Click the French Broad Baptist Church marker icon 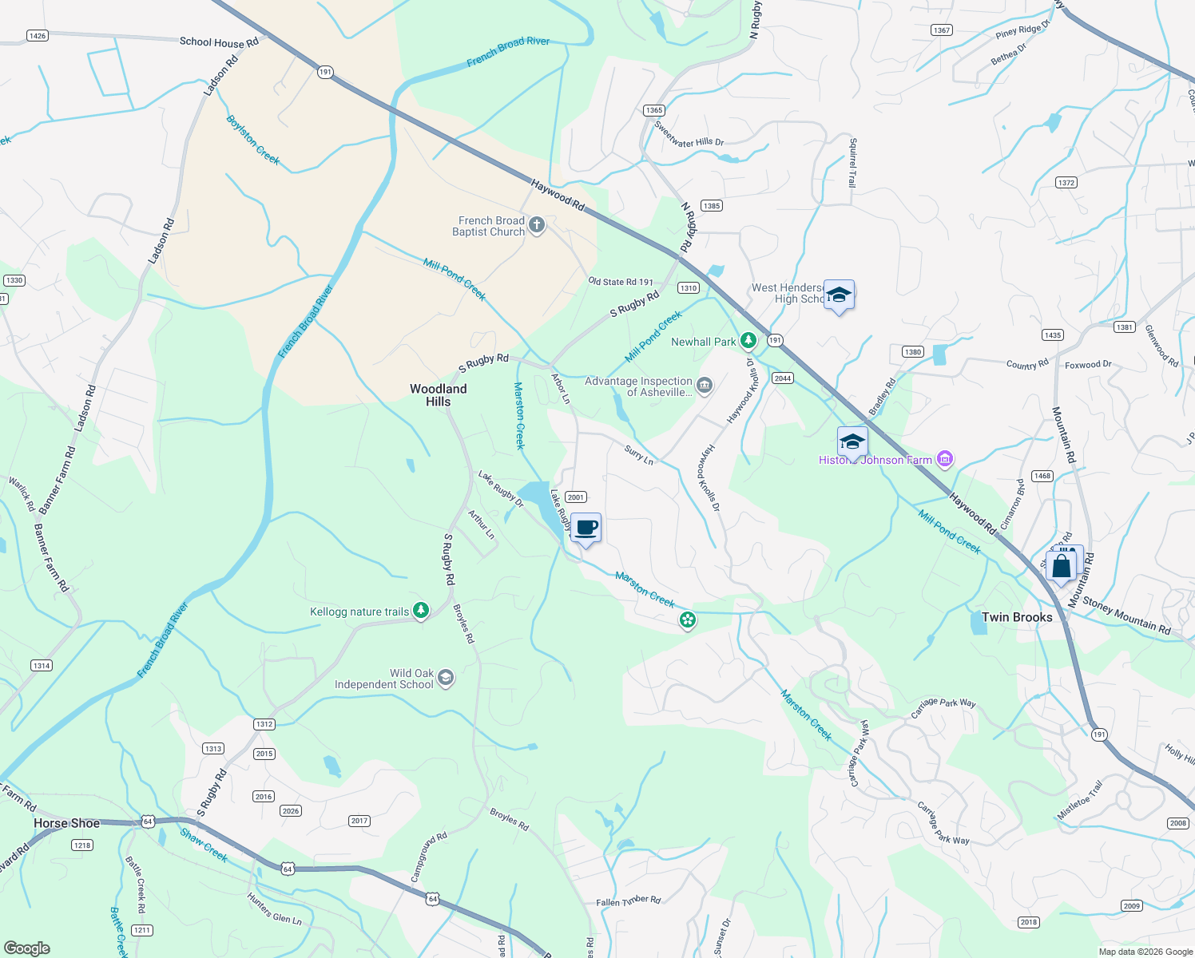click(537, 226)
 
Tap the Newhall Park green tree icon click(748, 342)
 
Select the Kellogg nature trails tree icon click(421, 612)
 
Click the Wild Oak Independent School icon click(446, 679)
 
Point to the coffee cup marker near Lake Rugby click(586, 528)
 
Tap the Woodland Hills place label click(438, 395)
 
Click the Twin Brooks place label click(1016, 617)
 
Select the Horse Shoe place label click(67, 823)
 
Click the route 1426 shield click(37, 35)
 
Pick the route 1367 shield click(942, 30)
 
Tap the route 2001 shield click(576, 497)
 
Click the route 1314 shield click(42, 665)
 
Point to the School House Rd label click(219, 42)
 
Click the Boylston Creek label click(253, 141)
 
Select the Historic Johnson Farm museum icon click(945, 459)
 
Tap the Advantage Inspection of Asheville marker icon click(704, 386)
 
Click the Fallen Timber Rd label click(628, 901)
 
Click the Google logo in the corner click(26, 948)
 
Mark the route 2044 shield click(782, 378)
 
